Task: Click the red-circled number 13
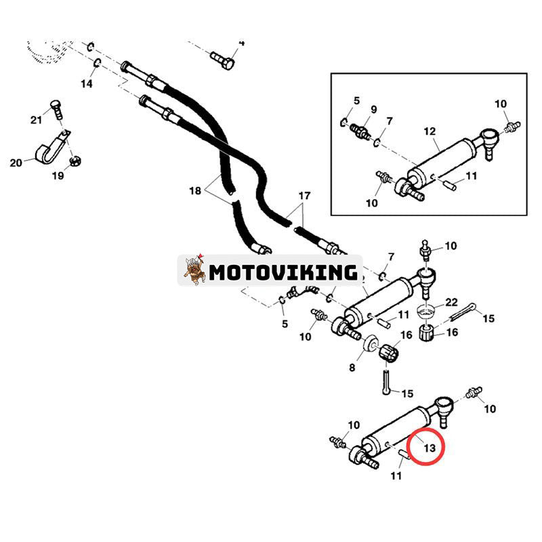pos(430,448)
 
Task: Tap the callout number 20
pos(16,163)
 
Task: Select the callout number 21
pos(37,120)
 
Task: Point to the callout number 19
pos(58,175)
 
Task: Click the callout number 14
pos(87,83)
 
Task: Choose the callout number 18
pos(195,190)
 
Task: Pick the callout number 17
pos(304,196)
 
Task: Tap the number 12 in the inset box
pos(430,131)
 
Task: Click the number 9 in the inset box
pos(374,110)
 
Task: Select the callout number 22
pos(451,302)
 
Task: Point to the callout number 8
pos(352,367)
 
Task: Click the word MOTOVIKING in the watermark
pos(283,272)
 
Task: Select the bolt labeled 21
pos(57,109)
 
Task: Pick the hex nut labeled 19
pos(75,161)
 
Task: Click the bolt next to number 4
pos(223,60)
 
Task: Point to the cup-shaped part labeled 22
pos(426,311)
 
